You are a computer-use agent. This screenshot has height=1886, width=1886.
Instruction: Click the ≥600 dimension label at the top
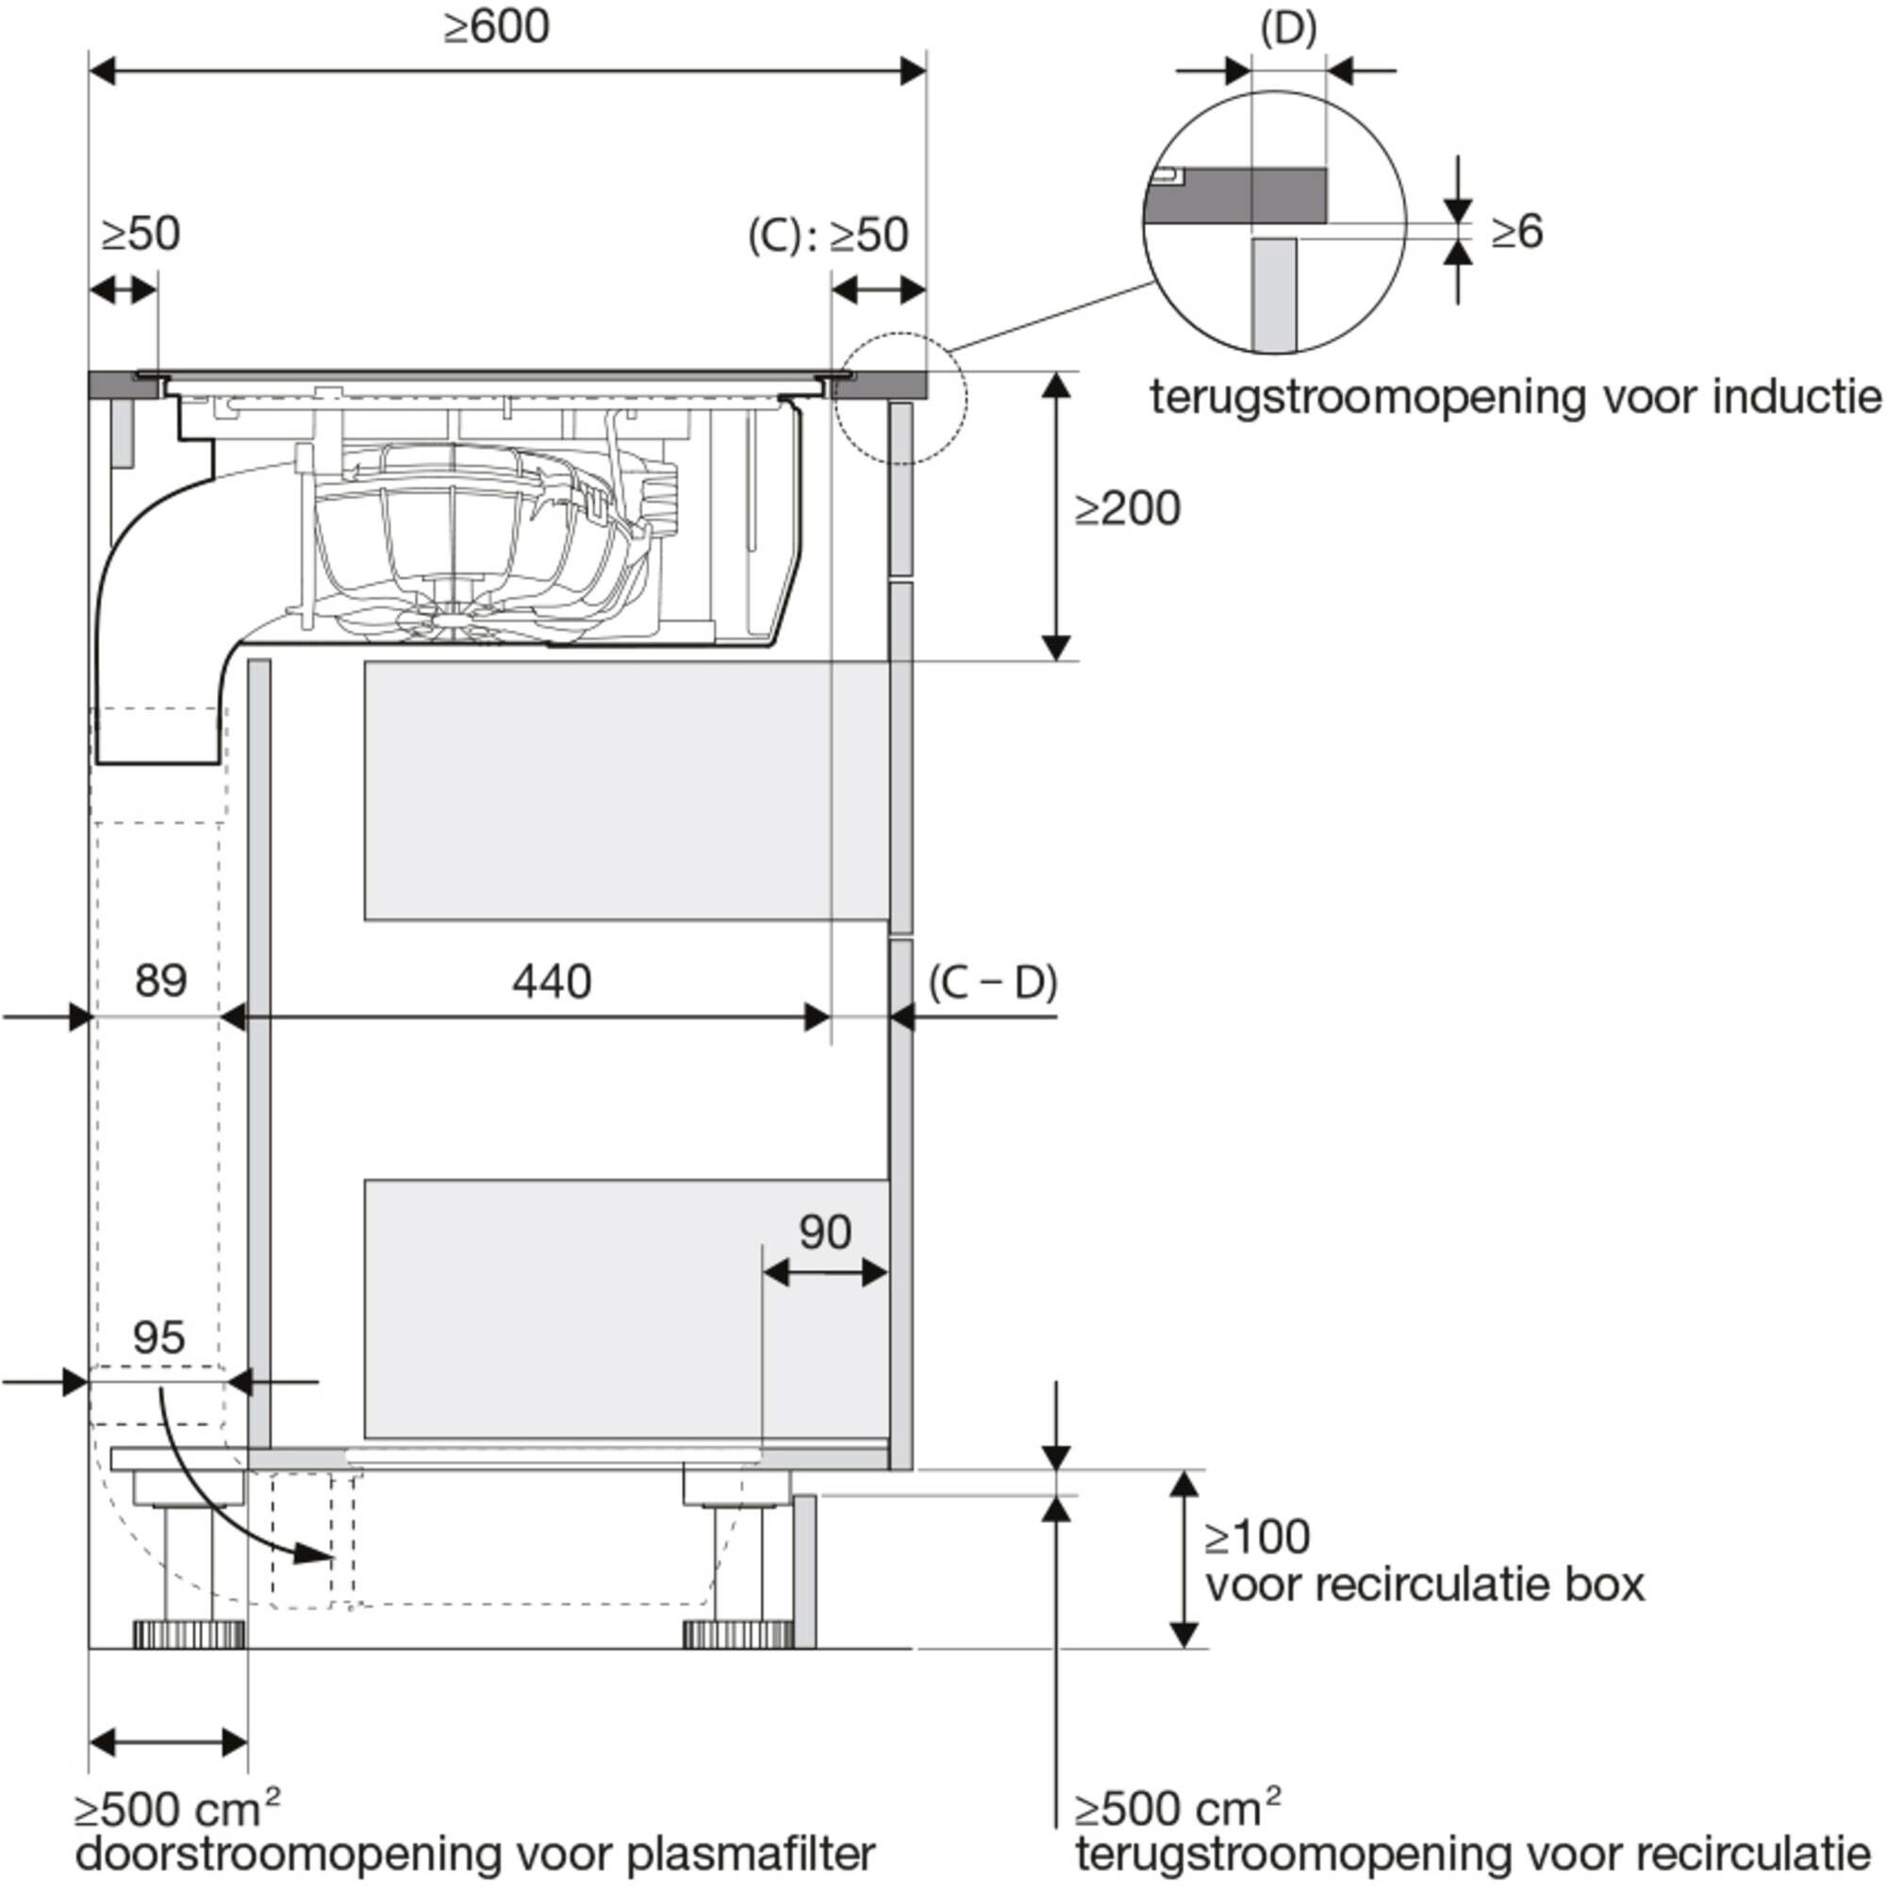[x=496, y=27]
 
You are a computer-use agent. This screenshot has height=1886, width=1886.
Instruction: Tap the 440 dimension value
[x=552, y=981]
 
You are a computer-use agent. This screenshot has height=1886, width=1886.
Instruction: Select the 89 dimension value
[x=161, y=980]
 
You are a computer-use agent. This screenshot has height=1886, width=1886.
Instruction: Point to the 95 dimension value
[x=158, y=1337]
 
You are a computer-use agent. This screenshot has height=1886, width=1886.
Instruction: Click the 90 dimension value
[x=825, y=1232]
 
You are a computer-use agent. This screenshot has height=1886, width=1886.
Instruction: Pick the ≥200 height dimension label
[x=1128, y=508]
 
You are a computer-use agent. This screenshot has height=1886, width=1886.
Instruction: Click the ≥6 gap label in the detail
[x=1517, y=231]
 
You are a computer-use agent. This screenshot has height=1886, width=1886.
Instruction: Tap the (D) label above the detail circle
[x=1288, y=29]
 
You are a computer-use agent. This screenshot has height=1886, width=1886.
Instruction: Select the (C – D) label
[x=993, y=982]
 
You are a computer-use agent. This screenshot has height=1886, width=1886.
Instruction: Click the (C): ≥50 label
[x=828, y=235]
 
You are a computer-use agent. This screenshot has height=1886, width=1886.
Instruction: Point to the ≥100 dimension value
[x=1256, y=1537]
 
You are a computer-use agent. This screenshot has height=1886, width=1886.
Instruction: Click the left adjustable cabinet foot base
[x=189, y=1633]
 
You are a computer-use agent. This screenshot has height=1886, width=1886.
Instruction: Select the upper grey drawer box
[x=626, y=791]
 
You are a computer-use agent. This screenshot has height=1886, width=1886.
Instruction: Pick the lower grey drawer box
[x=626, y=1308]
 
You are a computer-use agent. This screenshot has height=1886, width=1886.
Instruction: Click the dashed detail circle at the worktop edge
[x=900, y=398]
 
